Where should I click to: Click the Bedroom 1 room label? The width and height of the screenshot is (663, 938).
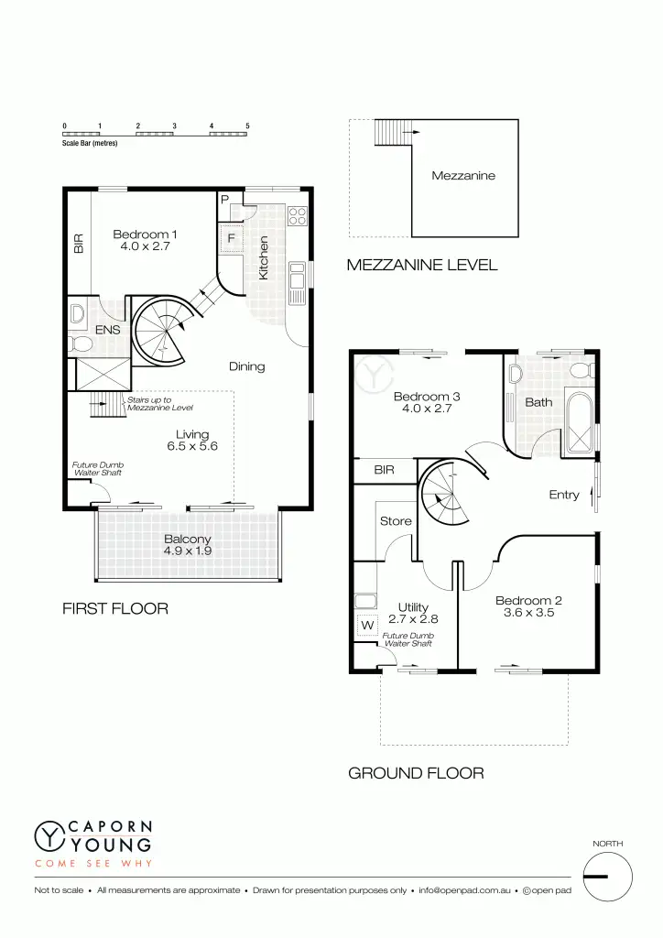(145, 235)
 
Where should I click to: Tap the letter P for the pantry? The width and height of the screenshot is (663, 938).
(224, 200)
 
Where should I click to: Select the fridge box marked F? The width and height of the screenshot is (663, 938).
(231, 239)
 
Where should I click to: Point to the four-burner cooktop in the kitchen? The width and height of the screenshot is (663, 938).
(297, 216)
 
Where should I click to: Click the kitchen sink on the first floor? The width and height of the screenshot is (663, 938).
(297, 283)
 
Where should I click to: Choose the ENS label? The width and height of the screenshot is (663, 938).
(108, 330)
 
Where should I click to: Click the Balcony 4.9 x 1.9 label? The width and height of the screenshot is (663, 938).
(187, 545)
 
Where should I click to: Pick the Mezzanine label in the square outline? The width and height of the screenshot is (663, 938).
(463, 175)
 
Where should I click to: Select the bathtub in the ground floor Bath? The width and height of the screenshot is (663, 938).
(581, 423)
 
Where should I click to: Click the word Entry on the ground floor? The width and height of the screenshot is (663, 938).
(564, 495)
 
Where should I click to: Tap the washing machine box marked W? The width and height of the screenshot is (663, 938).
(368, 626)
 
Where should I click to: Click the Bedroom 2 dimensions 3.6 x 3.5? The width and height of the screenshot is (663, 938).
(528, 613)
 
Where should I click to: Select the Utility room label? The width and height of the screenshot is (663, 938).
(414, 607)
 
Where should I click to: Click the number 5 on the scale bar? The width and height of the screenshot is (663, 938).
(247, 125)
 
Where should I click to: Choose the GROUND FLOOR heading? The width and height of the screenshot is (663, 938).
(416, 774)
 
